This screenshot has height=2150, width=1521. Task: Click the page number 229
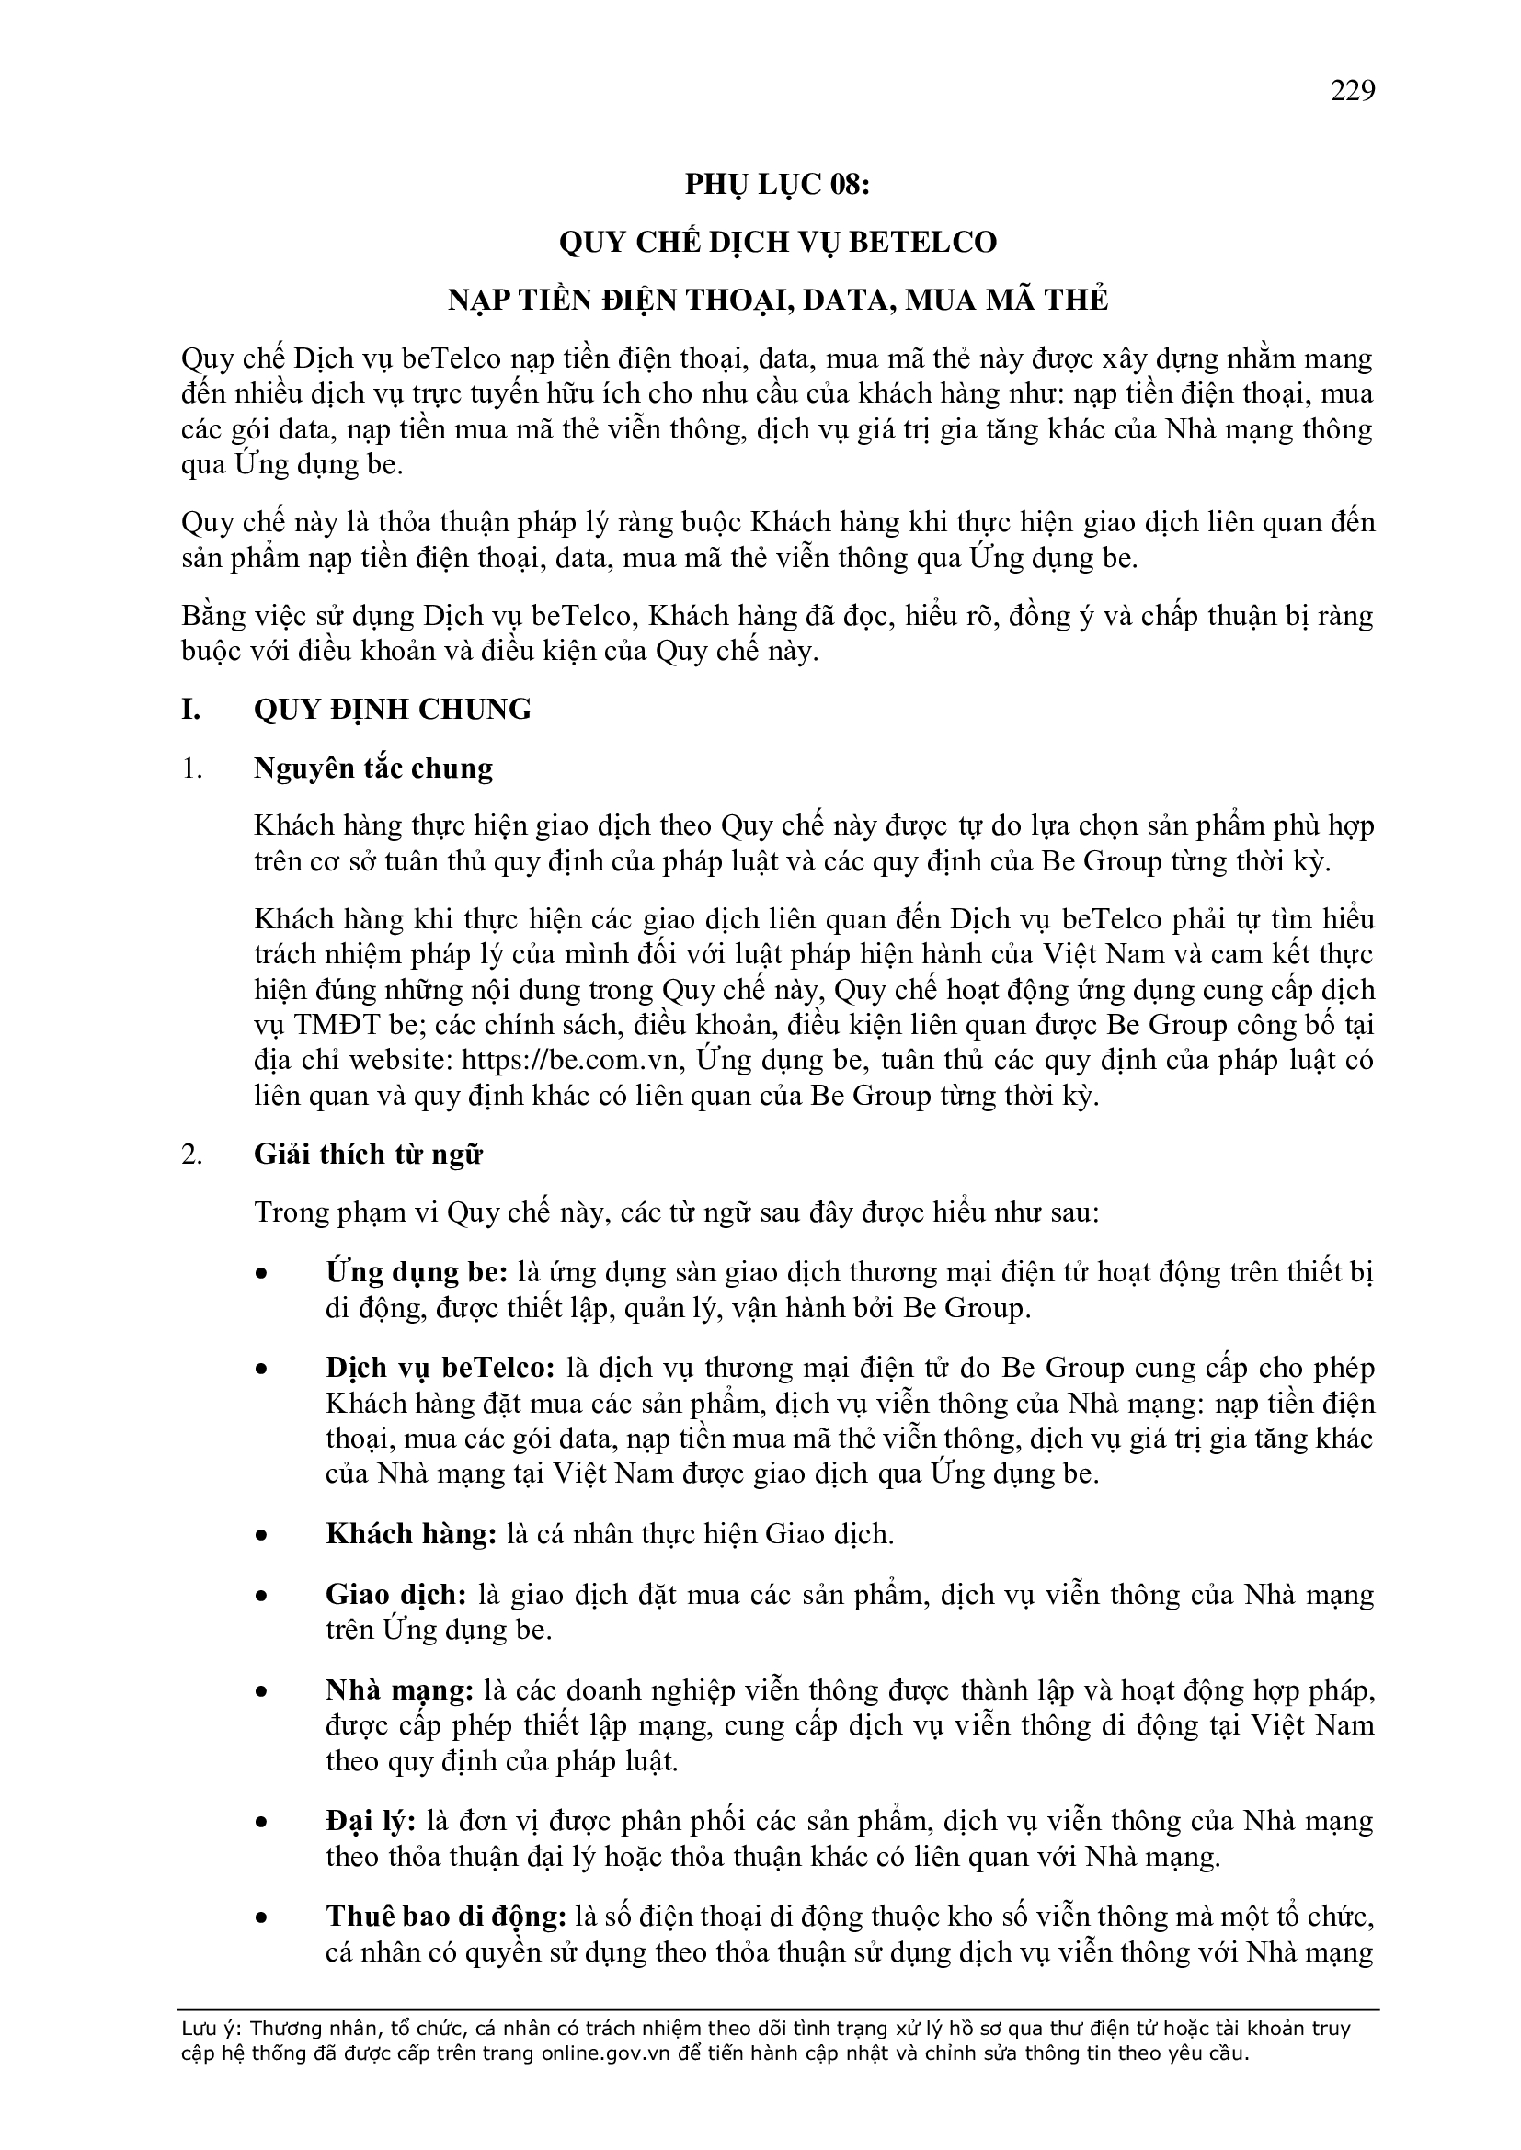pyautogui.click(x=1352, y=91)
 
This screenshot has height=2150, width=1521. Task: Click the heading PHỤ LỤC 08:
pyautogui.click(x=777, y=185)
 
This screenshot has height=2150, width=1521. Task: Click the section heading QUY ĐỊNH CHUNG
pyautogui.click(x=393, y=709)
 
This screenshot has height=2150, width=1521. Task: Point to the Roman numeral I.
pyautogui.click(x=191, y=709)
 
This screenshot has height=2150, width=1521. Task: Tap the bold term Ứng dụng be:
pyautogui.click(x=416, y=1271)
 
